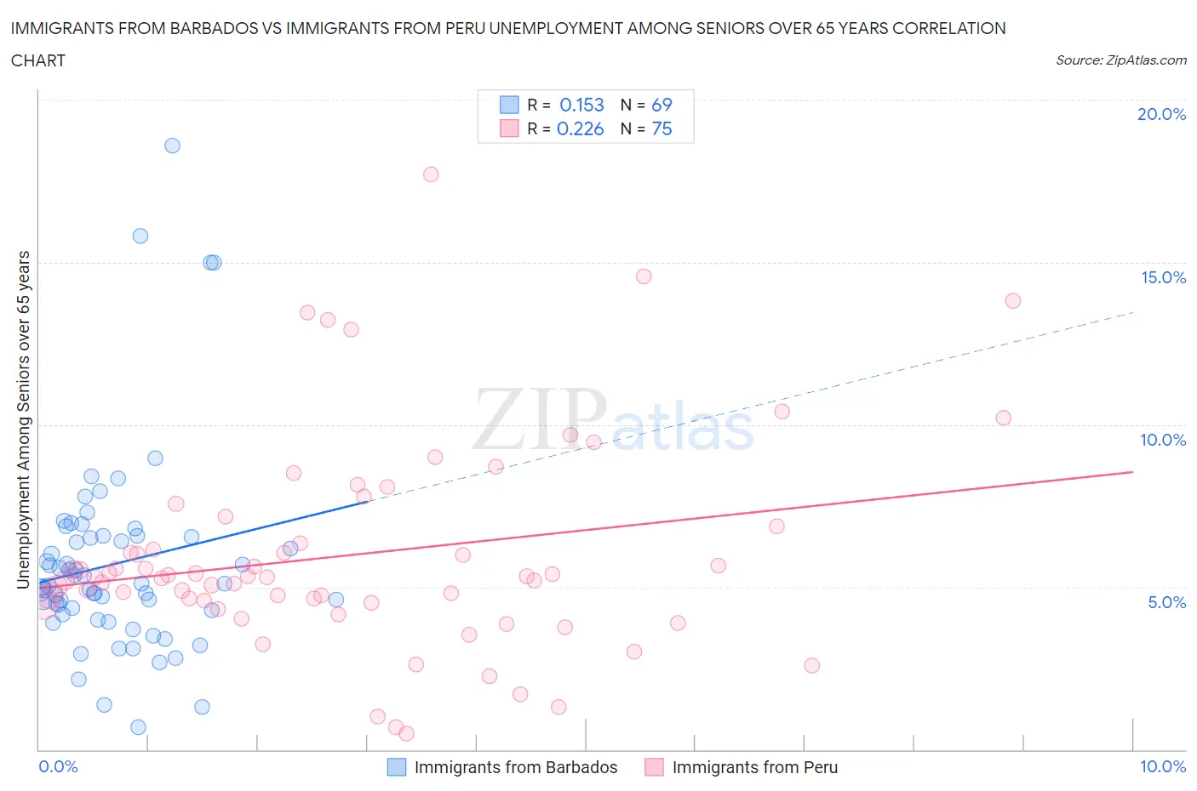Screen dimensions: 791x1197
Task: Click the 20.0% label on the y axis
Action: (x=1161, y=114)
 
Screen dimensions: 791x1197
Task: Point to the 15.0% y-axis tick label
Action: (x=1163, y=277)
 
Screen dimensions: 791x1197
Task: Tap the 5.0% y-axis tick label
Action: (x=1166, y=602)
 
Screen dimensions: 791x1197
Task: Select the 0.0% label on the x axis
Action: (x=58, y=766)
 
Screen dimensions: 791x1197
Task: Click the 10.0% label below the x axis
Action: (x=1163, y=766)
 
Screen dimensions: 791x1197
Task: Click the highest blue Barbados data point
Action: (x=172, y=145)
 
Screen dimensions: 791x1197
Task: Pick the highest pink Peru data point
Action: (x=431, y=174)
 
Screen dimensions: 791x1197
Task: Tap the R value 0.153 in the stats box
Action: (x=581, y=105)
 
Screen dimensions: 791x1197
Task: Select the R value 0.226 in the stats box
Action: (x=580, y=128)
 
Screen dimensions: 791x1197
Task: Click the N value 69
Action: (x=661, y=105)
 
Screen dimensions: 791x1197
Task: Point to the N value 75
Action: (x=661, y=128)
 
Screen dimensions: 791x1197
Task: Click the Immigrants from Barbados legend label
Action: (x=515, y=767)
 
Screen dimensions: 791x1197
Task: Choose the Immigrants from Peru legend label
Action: (x=754, y=767)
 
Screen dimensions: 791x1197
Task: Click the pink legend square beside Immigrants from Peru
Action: (x=654, y=767)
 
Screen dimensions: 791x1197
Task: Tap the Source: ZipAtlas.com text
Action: (x=1120, y=60)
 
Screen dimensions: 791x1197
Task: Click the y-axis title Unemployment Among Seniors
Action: (x=24, y=419)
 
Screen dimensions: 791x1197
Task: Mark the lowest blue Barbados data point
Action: (x=138, y=727)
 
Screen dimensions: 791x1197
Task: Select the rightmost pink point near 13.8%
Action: (x=1012, y=301)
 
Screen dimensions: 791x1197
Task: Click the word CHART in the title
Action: (x=38, y=60)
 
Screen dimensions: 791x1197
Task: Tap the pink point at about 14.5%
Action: (x=644, y=276)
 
